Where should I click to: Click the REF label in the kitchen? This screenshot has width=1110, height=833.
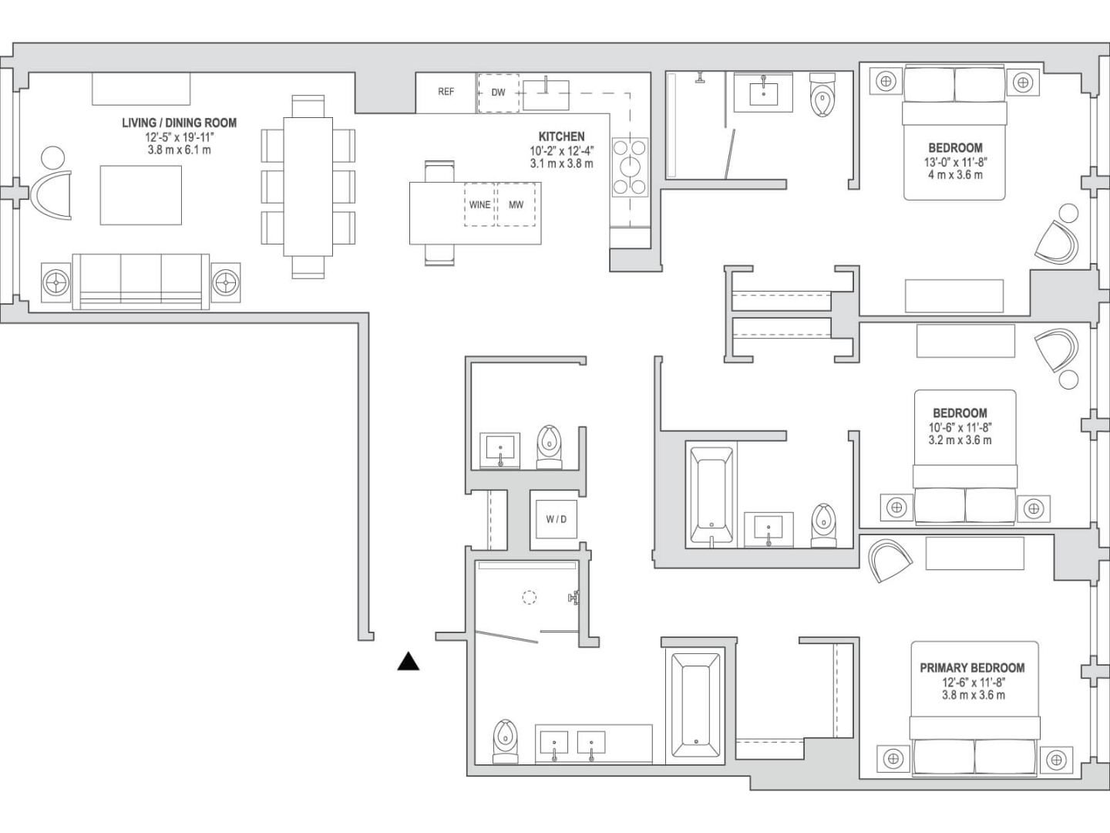pos(446,92)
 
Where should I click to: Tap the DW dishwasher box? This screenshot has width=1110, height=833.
pos(498,93)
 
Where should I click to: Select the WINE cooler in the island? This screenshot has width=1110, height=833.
pos(479,204)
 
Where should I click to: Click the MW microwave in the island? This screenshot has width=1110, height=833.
pos(516,204)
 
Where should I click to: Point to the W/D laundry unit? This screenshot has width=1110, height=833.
pos(556,519)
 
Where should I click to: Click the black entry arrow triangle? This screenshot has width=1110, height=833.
pos(409,662)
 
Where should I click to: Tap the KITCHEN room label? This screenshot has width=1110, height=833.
pos(561,137)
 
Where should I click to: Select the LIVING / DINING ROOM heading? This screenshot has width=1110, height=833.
pos(179,123)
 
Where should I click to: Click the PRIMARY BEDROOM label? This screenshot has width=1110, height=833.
pos(972,668)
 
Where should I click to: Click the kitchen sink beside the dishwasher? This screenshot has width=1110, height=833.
pos(547,94)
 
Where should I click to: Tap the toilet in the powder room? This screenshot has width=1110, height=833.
pos(548,446)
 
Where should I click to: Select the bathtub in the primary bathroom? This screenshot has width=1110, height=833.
pos(695,704)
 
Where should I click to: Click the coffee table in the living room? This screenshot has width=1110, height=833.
pos(141,195)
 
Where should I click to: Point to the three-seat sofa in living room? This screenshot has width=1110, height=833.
pos(141,281)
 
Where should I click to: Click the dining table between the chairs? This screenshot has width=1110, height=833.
pos(308,186)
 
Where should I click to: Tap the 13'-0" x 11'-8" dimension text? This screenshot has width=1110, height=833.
pos(955,162)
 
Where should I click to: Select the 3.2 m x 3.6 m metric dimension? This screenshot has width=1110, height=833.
pos(960,440)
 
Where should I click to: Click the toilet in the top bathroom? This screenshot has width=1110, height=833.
pos(823,96)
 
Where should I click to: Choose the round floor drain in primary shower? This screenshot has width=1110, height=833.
pos(529,596)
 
